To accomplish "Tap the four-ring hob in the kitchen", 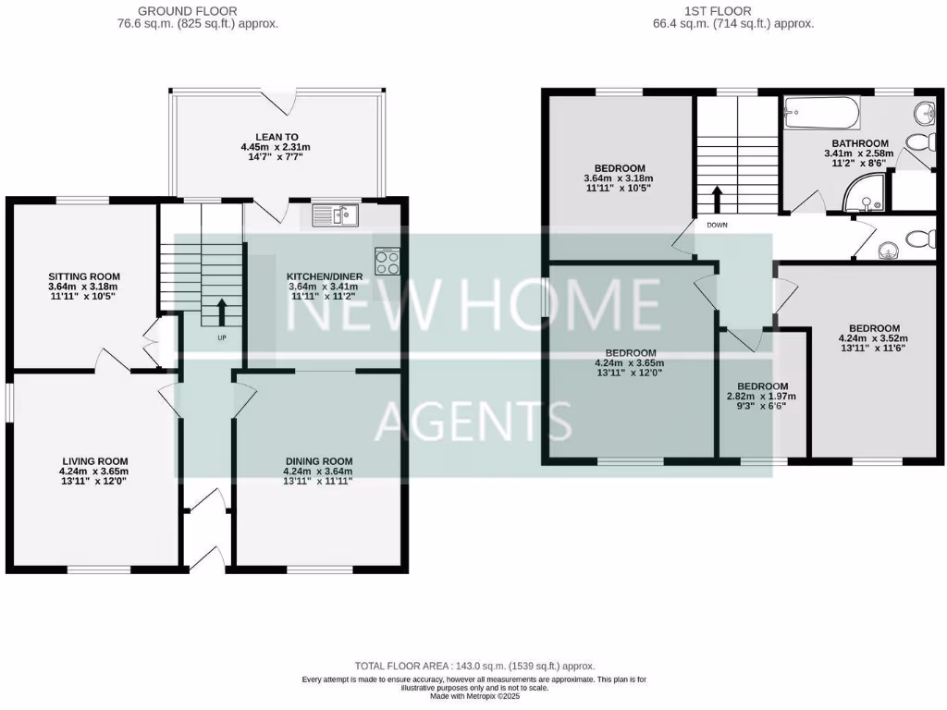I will [x=387, y=261].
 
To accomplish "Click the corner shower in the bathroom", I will [x=867, y=191].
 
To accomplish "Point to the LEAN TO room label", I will [x=277, y=136].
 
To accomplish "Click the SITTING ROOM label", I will [x=84, y=275].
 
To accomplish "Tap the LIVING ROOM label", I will [x=95, y=460].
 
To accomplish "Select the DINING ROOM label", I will [x=319, y=460].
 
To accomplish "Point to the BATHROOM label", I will [x=859, y=143].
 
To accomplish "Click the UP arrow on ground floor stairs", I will [x=221, y=312].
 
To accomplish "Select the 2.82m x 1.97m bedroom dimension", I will [x=762, y=397].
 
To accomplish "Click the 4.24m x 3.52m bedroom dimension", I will [x=874, y=338].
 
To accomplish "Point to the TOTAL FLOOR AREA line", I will [x=475, y=666].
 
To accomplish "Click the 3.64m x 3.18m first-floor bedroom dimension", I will [x=619, y=178].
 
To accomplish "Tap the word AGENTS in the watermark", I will [x=473, y=421].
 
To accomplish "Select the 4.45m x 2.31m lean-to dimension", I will [x=277, y=146].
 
